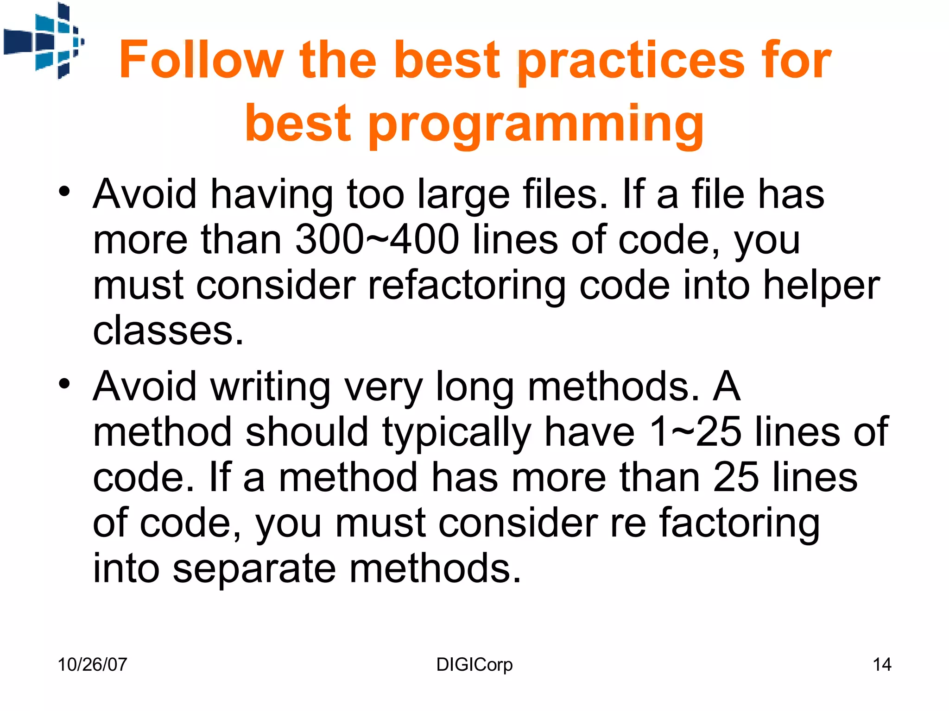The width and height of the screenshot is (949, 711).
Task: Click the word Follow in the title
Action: (x=200, y=60)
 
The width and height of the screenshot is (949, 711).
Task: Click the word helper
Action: (x=821, y=286)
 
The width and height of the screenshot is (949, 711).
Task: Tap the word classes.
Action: (x=168, y=331)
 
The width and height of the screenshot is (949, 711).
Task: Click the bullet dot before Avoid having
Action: (x=64, y=191)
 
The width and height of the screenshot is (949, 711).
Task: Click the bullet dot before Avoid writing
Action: (x=64, y=384)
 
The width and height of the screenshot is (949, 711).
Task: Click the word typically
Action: (x=456, y=433)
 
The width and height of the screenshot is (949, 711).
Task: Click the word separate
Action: (x=254, y=569)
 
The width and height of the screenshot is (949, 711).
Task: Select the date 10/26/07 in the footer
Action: (x=92, y=665)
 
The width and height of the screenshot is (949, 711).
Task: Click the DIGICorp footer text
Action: (x=474, y=665)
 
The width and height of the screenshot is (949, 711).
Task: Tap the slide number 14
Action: (x=881, y=665)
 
